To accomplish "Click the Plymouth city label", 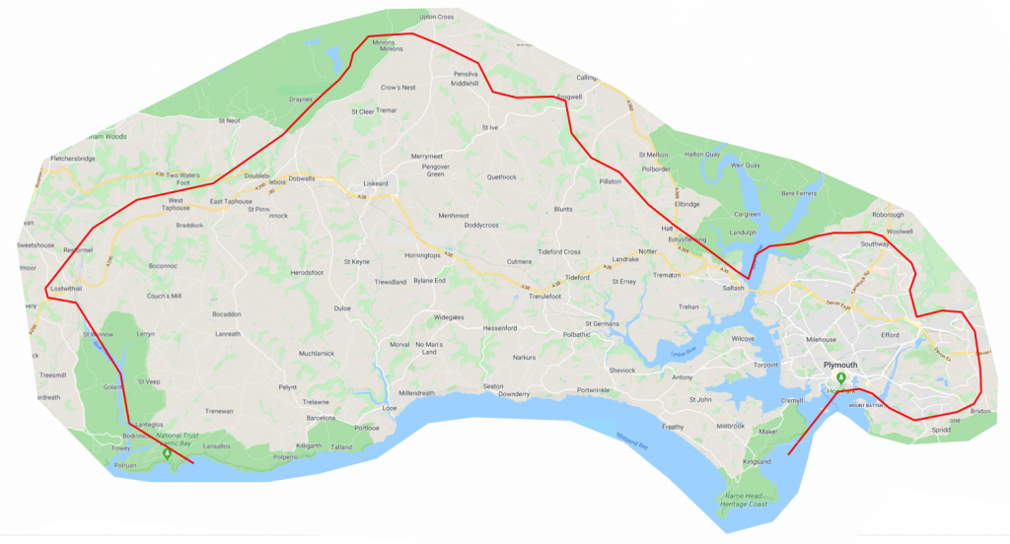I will [x=839, y=364].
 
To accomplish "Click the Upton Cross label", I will [x=436, y=17].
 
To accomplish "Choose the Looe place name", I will [x=390, y=407].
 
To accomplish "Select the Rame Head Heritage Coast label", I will [x=746, y=500].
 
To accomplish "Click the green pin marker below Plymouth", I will [x=840, y=378].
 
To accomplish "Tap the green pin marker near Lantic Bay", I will [x=167, y=453].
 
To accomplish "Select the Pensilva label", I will [x=466, y=75].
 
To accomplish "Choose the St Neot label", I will [x=229, y=120].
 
